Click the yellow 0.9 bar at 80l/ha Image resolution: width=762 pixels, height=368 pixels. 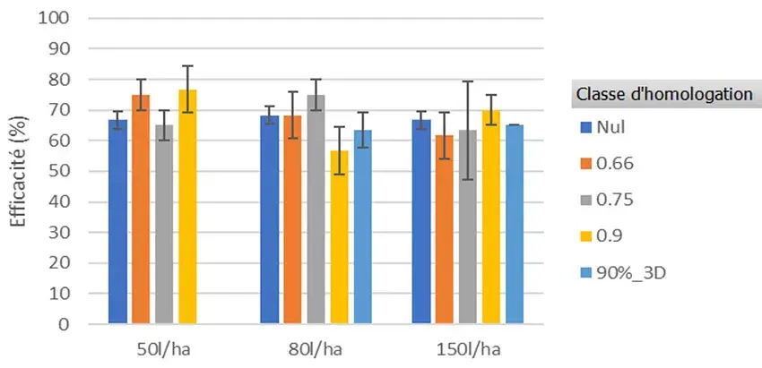pos(339,237)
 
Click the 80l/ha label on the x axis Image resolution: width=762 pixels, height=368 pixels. pos(305,347)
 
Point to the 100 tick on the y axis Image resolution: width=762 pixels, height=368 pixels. pos(73,18)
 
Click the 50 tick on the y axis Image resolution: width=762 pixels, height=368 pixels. pos(76,171)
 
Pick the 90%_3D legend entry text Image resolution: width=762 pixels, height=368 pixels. pos(628,271)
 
